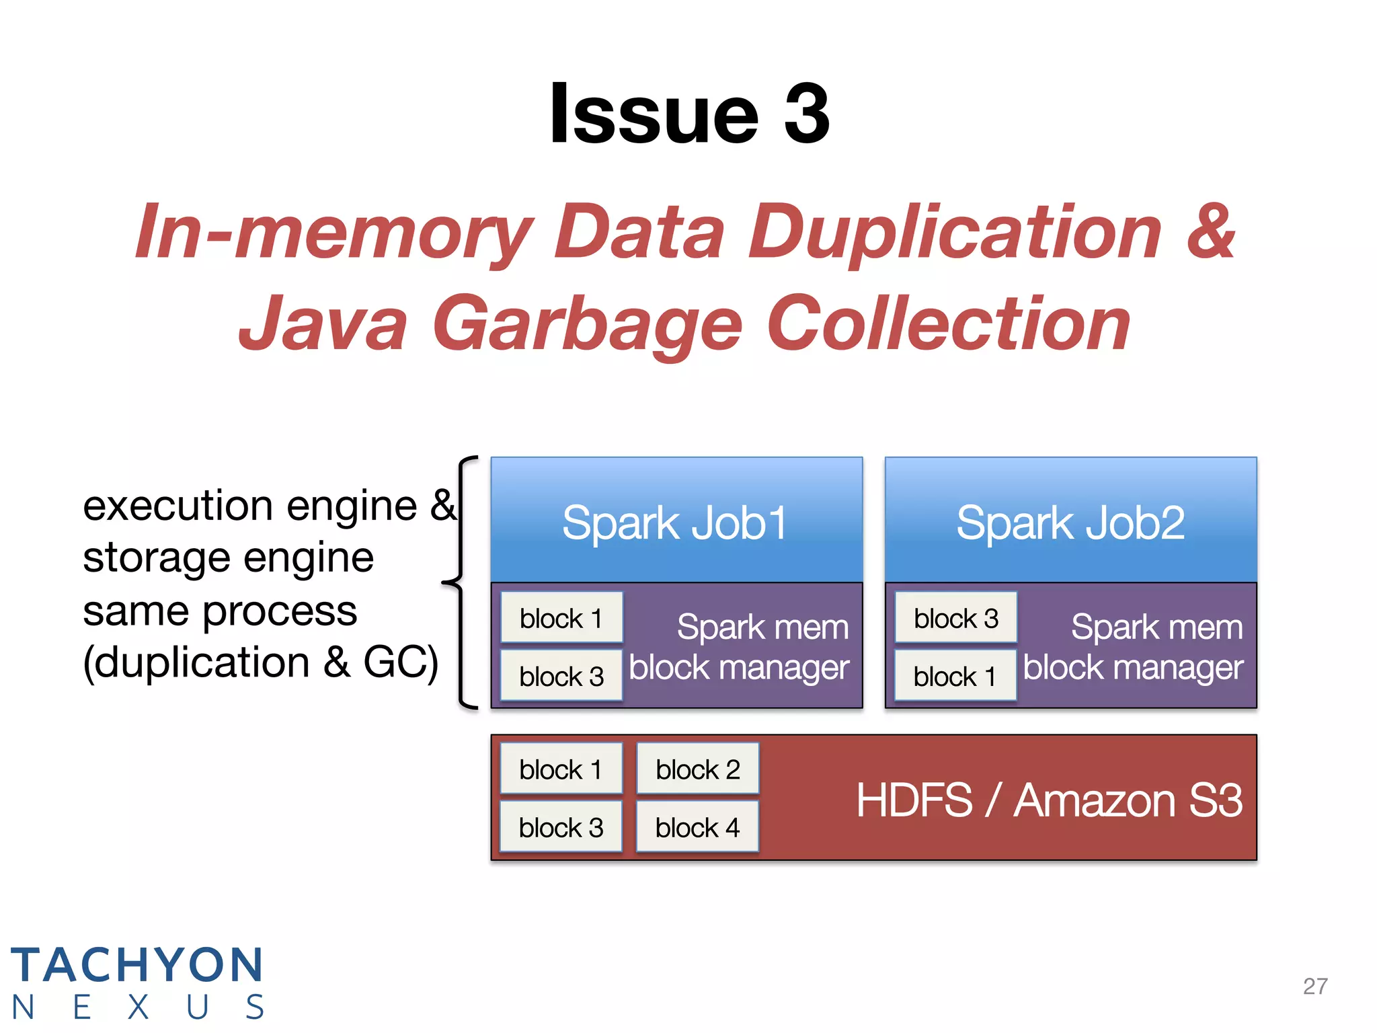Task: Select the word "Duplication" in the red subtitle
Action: pos(955,231)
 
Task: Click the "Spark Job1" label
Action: pos(675,523)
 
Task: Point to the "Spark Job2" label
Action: pos(1070,523)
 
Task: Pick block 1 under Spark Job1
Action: pos(561,618)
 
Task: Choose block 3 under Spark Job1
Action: pos(561,676)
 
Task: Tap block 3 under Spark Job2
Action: pos(955,618)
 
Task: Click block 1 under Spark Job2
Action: pos(955,676)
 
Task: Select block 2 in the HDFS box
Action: pos(698,769)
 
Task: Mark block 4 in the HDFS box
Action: pos(698,827)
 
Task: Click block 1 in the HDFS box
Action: pos(561,769)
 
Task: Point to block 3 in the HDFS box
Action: pos(561,827)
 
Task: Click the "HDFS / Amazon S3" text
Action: pos(1049,800)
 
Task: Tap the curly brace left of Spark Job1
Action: pos(460,582)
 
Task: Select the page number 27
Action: pos(1315,986)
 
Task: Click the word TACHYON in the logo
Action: pos(137,964)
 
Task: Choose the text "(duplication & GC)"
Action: pos(261,662)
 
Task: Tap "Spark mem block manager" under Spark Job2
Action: pos(1134,647)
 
